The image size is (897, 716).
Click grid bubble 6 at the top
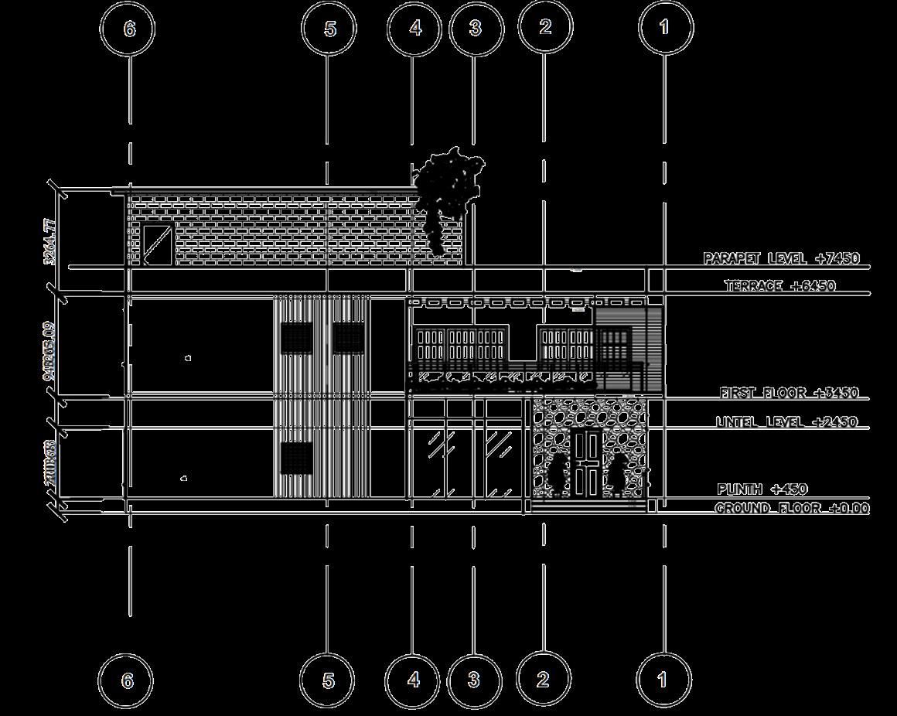tap(128, 29)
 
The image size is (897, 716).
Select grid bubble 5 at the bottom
tap(328, 680)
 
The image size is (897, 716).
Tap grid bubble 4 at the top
tap(414, 29)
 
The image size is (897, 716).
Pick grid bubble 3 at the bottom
tap(473, 680)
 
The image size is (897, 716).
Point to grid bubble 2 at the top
tap(544, 26)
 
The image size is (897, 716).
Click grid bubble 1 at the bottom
tap(663, 680)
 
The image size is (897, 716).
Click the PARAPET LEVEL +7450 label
tap(781, 257)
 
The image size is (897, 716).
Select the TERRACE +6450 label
tap(779, 286)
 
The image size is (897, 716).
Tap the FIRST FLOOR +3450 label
tap(789, 393)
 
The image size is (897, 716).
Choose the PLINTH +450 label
tap(762, 489)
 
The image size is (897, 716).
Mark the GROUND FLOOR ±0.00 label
tap(791, 508)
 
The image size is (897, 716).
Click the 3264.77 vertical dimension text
tap(50, 241)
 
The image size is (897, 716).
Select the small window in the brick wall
tap(157, 244)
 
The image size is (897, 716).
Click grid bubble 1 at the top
tap(663, 28)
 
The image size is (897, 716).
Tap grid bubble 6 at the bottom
tap(127, 680)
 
